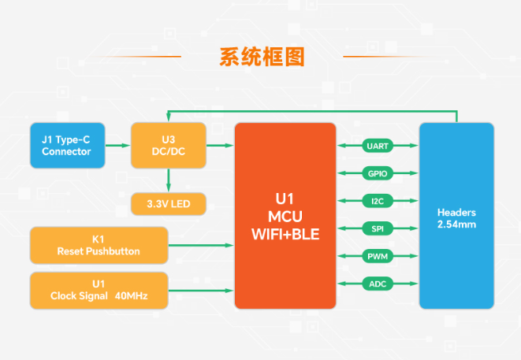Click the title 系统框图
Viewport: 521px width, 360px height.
[261, 57]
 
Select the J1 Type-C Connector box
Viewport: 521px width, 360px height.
[66, 145]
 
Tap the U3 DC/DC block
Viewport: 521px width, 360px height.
[168, 145]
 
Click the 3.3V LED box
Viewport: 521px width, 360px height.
[168, 204]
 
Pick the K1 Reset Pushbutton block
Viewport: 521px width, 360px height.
[99, 245]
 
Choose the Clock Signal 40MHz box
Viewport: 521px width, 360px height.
[99, 290]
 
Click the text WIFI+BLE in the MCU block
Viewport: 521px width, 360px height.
[285, 234]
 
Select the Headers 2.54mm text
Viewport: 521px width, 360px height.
[456, 218]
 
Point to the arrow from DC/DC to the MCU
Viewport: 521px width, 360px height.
[220, 145]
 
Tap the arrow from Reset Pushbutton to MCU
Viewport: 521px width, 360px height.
[201, 245]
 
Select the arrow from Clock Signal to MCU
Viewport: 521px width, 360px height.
[201, 290]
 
